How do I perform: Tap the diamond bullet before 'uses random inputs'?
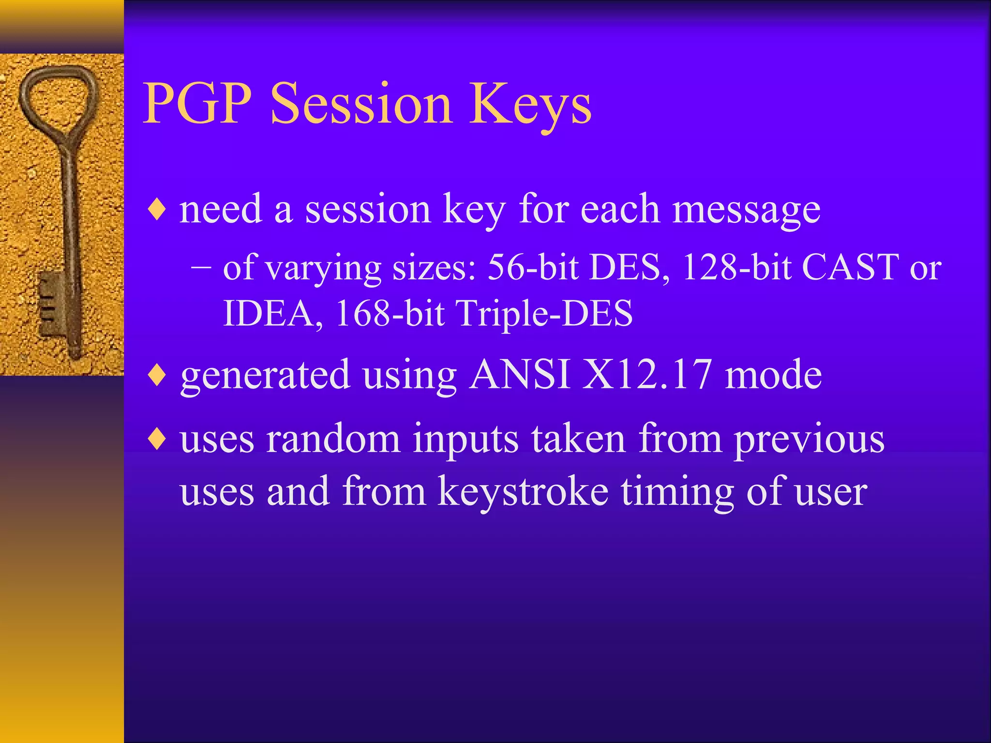(158, 440)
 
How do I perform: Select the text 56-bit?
(532, 267)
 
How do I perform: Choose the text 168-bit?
(390, 313)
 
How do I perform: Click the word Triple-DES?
(544, 313)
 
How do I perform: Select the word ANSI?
(520, 375)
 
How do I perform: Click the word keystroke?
(523, 491)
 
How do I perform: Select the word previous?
(809, 440)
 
